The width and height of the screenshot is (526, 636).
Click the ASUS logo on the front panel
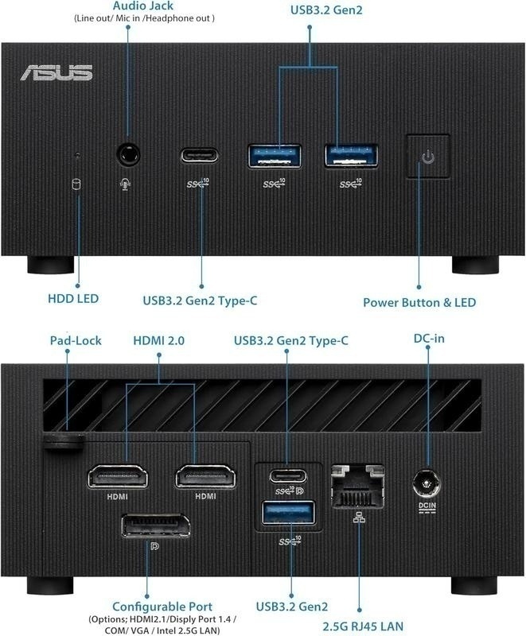(56, 72)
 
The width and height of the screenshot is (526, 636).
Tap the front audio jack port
(128, 154)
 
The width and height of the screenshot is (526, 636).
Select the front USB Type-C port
(199, 155)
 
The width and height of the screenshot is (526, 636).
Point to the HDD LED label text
(73, 299)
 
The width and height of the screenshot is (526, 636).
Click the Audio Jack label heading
(143, 6)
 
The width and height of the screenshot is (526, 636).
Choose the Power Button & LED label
(419, 303)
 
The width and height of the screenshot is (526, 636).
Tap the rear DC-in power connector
(427, 483)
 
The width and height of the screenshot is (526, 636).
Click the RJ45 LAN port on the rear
(358, 487)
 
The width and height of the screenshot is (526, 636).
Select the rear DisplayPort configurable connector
(155, 525)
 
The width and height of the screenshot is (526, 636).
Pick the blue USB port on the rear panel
(289, 513)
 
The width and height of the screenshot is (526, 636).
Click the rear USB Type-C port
(288, 475)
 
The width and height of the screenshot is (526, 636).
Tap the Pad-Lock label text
(76, 340)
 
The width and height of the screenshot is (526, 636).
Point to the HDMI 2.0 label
(158, 340)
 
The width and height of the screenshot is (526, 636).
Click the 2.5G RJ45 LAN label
(363, 626)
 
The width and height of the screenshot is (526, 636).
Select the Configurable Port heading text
(162, 607)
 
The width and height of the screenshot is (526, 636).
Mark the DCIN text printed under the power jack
(427, 506)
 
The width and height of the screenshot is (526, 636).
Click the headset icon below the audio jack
(126, 184)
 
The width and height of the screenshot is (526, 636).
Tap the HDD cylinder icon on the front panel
(76, 184)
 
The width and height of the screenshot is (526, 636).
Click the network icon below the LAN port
(359, 518)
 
